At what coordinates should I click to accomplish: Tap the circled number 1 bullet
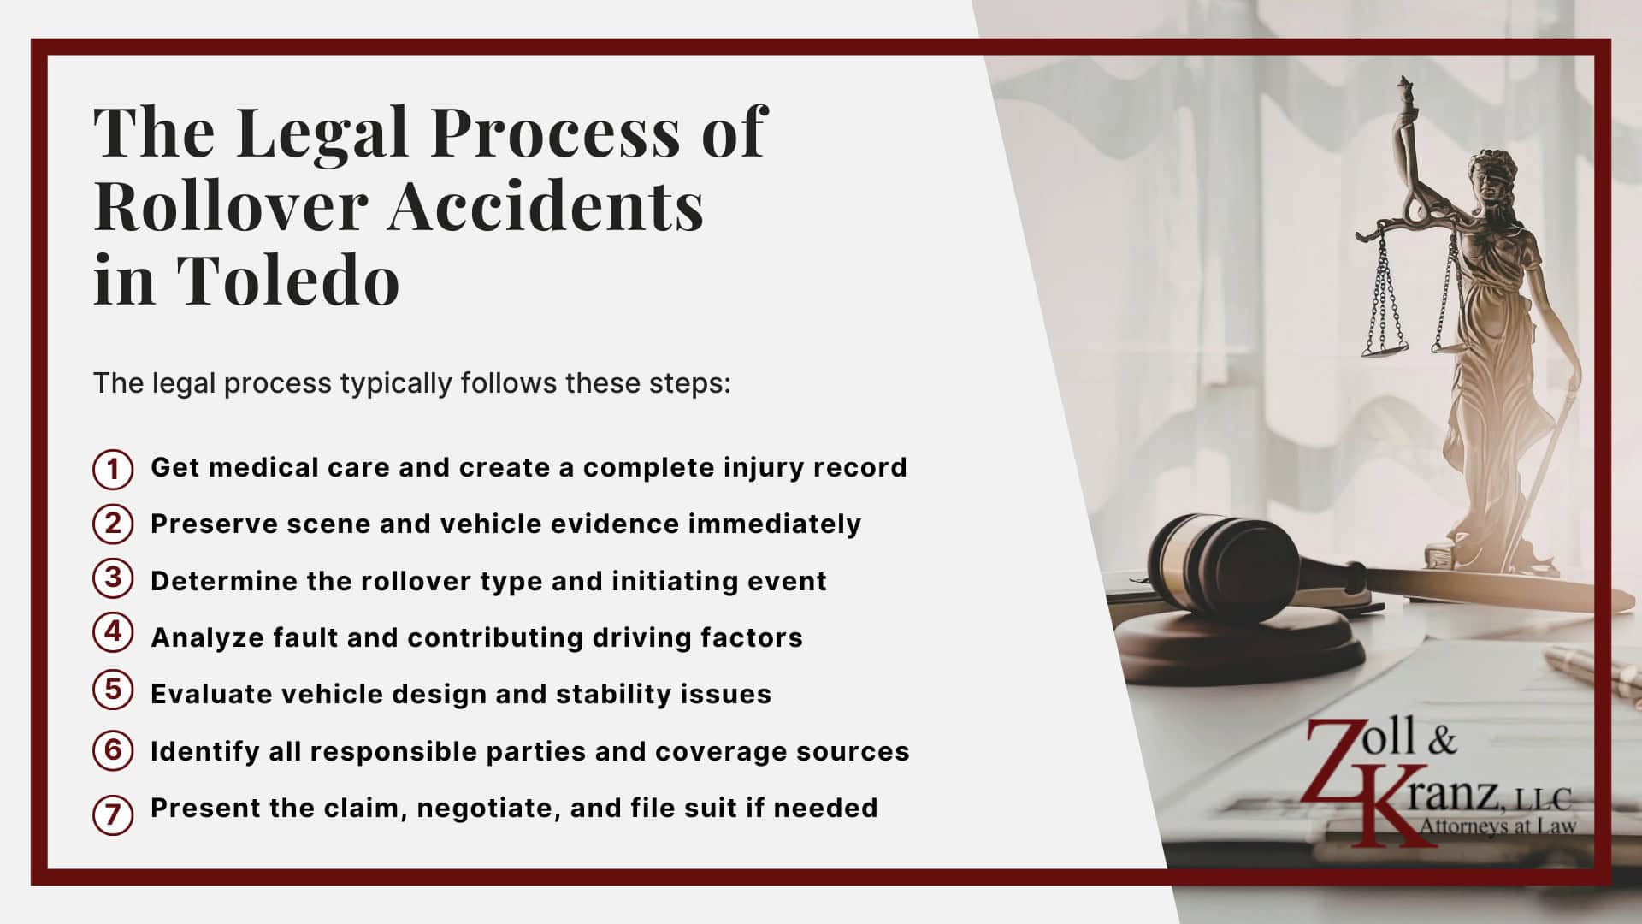(x=113, y=469)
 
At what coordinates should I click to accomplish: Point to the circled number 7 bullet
(x=113, y=814)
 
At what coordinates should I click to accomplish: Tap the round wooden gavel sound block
(x=1240, y=650)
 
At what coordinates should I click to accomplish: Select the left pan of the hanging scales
(x=1384, y=346)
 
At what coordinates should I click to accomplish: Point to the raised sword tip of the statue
(x=1403, y=86)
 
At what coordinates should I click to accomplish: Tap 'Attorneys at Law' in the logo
(x=1497, y=826)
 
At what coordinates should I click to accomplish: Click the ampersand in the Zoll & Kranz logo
(x=1441, y=741)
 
